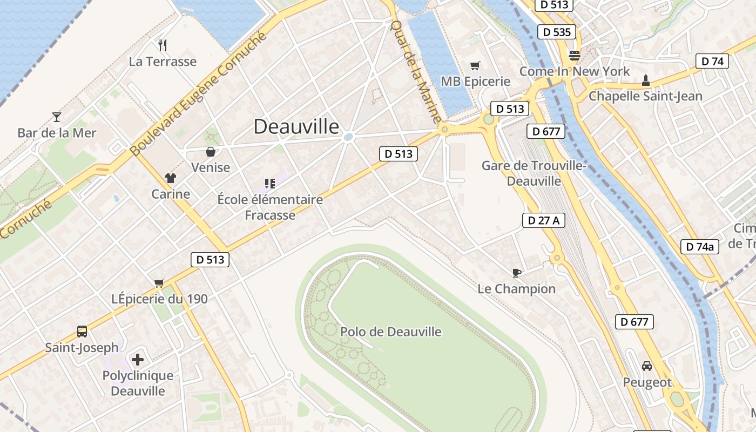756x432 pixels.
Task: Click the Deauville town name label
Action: (x=296, y=126)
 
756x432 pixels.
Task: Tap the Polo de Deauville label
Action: (x=390, y=332)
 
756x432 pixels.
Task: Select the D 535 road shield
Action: (x=557, y=32)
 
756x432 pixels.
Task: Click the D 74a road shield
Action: (x=699, y=247)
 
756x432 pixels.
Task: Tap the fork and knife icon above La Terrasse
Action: (x=163, y=45)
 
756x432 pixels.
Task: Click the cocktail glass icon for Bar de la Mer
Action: (x=56, y=117)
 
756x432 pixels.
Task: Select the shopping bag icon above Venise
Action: (x=211, y=152)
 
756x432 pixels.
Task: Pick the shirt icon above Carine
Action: (x=171, y=178)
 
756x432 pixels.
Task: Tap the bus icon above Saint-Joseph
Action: (x=82, y=331)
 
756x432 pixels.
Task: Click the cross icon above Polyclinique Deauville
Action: (x=138, y=359)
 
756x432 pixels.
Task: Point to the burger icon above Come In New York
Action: (x=574, y=55)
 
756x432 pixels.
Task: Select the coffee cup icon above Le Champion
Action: (x=516, y=273)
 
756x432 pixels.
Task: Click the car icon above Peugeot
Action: (x=647, y=366)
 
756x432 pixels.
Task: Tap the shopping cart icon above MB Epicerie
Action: (x=475, y=65)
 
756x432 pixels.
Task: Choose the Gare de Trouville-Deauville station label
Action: (x=534, y=173)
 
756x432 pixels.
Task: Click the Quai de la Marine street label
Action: (x=416, y=70)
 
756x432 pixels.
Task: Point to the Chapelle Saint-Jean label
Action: (x=645, y=96)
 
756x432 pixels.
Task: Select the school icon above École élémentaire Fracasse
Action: (x=270, y=184)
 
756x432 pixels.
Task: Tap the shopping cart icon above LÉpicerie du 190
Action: (x=159, y=283)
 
